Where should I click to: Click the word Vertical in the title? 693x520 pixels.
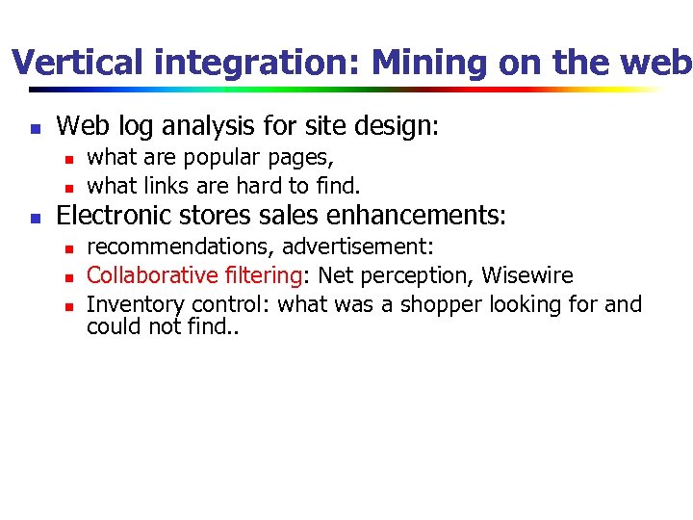[x=79, y=64]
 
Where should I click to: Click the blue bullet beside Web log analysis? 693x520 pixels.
[x=35, y=127]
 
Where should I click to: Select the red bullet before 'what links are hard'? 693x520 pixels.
[x=68, y=187]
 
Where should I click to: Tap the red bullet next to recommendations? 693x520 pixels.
[x=68, y=248]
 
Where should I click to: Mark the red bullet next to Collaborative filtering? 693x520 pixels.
[x=68, y=277]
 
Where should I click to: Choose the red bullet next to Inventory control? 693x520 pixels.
[x=68, y=306]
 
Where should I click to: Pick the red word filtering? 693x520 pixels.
[x=263, y=275]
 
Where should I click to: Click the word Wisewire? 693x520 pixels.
[x=526, y=275]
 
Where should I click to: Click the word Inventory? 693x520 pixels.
[x=136, y=305]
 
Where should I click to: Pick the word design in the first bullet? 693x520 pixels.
[x=398, y=126]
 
